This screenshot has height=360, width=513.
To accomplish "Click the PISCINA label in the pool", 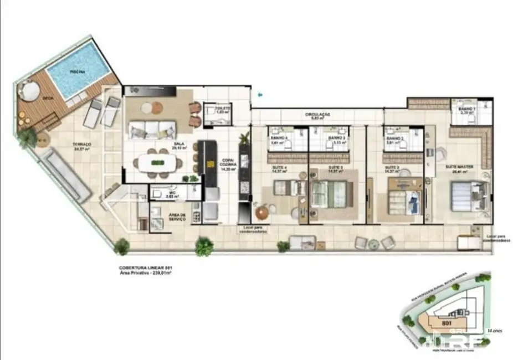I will click(78, 72).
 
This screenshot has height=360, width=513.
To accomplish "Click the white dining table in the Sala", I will click(158, 163).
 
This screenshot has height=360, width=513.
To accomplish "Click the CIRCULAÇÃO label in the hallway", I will click(318, 115).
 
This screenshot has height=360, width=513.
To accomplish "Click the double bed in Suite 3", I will click(329, 194).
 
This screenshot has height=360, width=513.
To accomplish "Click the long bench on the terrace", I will click(67, 174).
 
